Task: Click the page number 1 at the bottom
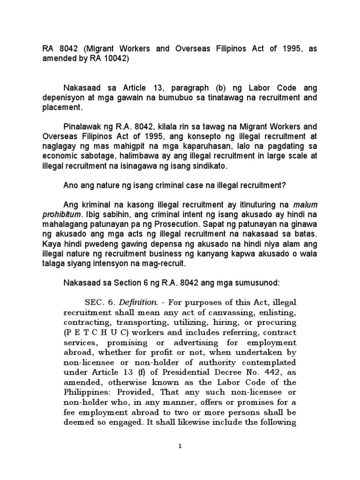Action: coord(180,446)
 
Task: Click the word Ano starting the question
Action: coord(71,185)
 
